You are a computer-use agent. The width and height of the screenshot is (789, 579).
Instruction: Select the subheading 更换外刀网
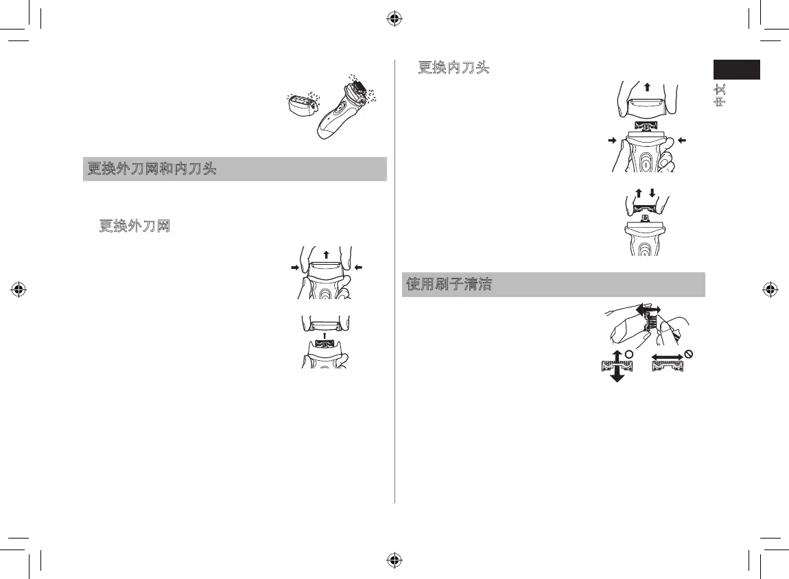[x=134, y=225]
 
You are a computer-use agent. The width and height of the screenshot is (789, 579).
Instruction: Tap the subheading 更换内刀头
[x=454, y=69]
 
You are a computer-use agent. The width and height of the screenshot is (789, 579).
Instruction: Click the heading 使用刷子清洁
[x=449, y=284]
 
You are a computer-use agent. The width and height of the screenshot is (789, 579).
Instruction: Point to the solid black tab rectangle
[x=736, y=70]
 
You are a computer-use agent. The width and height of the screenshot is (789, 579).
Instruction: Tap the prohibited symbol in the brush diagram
[x=690, y=354]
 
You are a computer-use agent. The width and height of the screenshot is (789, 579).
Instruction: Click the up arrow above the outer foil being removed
[x=325, y=255]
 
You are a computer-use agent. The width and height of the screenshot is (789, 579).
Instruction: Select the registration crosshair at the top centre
[x=394, y=19]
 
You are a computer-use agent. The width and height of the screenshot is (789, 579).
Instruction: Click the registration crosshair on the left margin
[x=19, y=289]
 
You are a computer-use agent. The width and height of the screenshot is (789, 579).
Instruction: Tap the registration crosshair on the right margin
[x=770, y=289]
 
